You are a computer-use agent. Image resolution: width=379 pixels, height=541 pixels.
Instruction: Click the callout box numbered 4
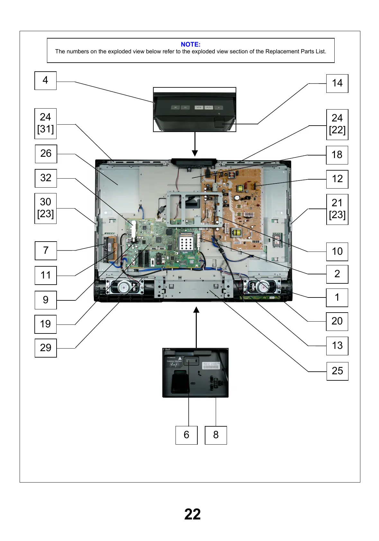pos(45,81)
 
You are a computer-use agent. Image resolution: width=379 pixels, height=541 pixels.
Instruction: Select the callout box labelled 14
pos(337,84)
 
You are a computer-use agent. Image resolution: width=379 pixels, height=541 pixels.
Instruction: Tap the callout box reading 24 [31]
pos(45,123)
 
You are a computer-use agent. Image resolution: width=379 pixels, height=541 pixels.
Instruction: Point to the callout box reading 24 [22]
pos(337,124)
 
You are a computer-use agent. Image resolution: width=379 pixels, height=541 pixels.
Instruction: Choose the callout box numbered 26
pos(46,154)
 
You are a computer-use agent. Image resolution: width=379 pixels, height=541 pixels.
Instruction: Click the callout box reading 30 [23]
pos(45,208)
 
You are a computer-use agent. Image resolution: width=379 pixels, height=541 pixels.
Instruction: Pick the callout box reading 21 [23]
pos(337,209)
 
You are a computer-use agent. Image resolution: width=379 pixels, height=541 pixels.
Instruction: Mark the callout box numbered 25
pos(337,371)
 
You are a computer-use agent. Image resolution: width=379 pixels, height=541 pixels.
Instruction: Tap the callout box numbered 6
pos(186,435)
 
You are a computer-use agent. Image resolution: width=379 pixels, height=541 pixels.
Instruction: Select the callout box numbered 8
pos(216,435)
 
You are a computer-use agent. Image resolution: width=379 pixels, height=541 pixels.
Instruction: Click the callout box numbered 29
pos(46,348)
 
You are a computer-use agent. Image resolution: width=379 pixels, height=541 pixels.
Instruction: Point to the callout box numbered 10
pos(337,252)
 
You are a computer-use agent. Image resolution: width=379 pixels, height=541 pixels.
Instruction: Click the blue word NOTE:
pos(191,44)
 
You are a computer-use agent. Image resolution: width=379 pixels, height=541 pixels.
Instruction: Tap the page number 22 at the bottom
pos(193,514)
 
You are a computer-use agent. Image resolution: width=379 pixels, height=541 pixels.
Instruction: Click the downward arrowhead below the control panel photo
pos(195,153)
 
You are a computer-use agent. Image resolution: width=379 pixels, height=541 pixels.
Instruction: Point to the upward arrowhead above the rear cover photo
pos(196,310)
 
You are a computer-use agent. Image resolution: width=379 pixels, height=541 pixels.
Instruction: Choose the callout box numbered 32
pos(46,178)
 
